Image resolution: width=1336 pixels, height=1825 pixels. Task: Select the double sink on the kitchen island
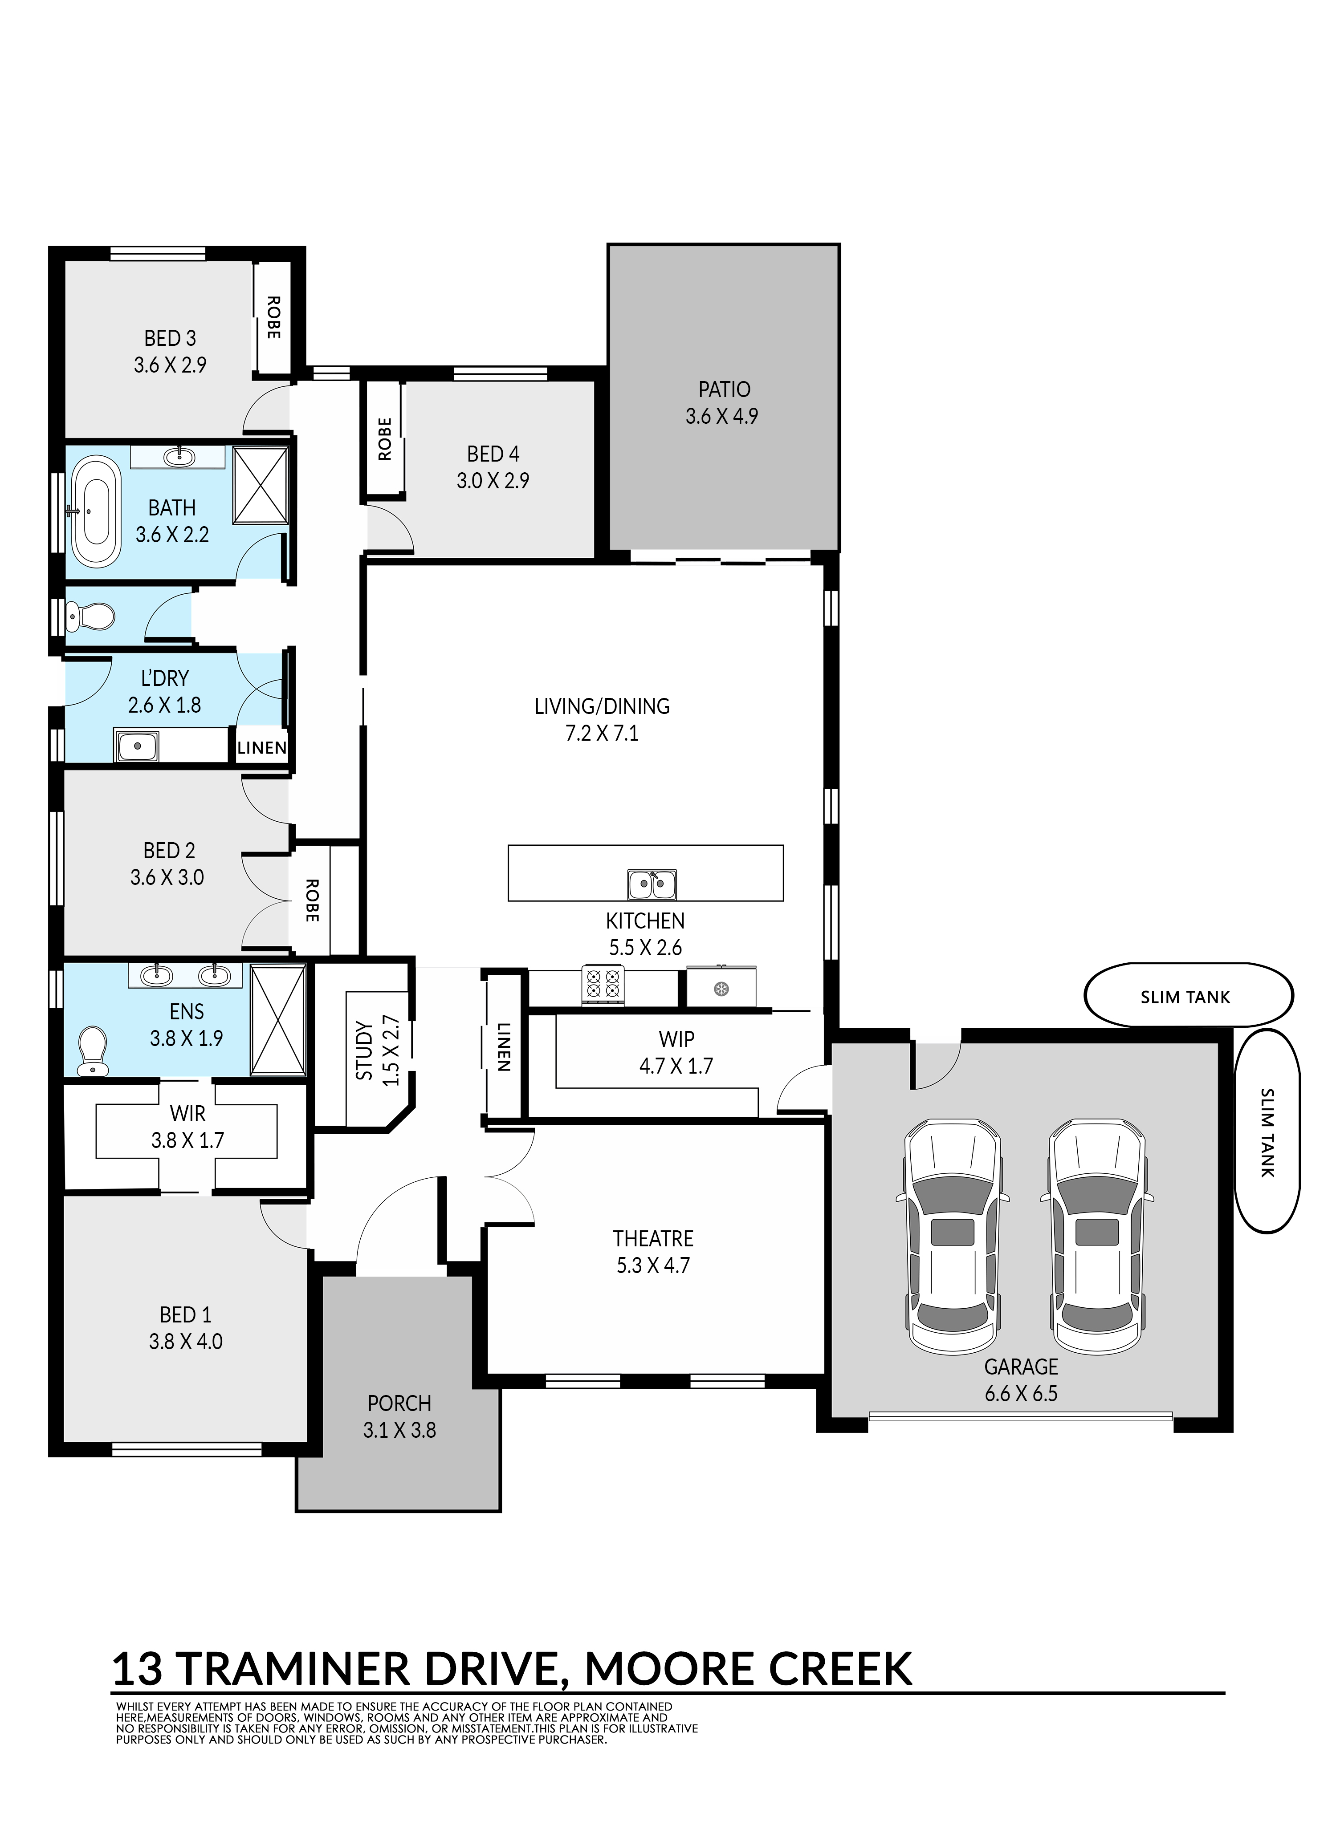[x=652, y=884]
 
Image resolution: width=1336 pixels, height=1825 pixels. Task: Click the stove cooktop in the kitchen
[x=603, y=985]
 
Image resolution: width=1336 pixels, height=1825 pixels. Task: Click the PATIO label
[x=724, y=389]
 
